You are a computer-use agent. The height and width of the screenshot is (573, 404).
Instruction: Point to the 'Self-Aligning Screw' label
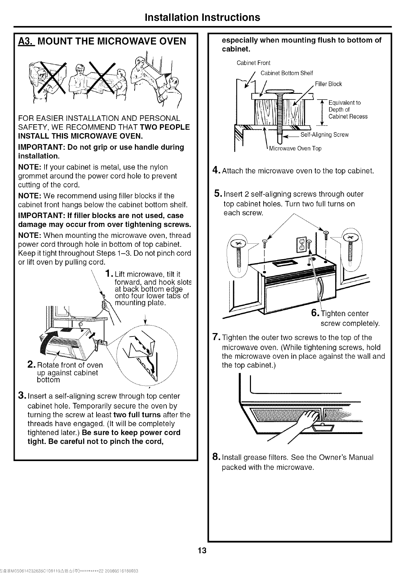[324, 135]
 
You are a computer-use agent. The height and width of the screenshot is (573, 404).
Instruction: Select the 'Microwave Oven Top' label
[295, 149]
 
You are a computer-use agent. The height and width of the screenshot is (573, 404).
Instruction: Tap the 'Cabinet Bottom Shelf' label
[287, 73]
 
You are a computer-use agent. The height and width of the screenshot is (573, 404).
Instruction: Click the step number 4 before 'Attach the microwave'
[215, 170]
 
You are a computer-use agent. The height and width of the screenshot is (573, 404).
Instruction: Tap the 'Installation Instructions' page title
[202, 17]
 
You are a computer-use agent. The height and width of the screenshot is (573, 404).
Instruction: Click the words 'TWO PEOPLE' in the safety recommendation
[165, 127]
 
